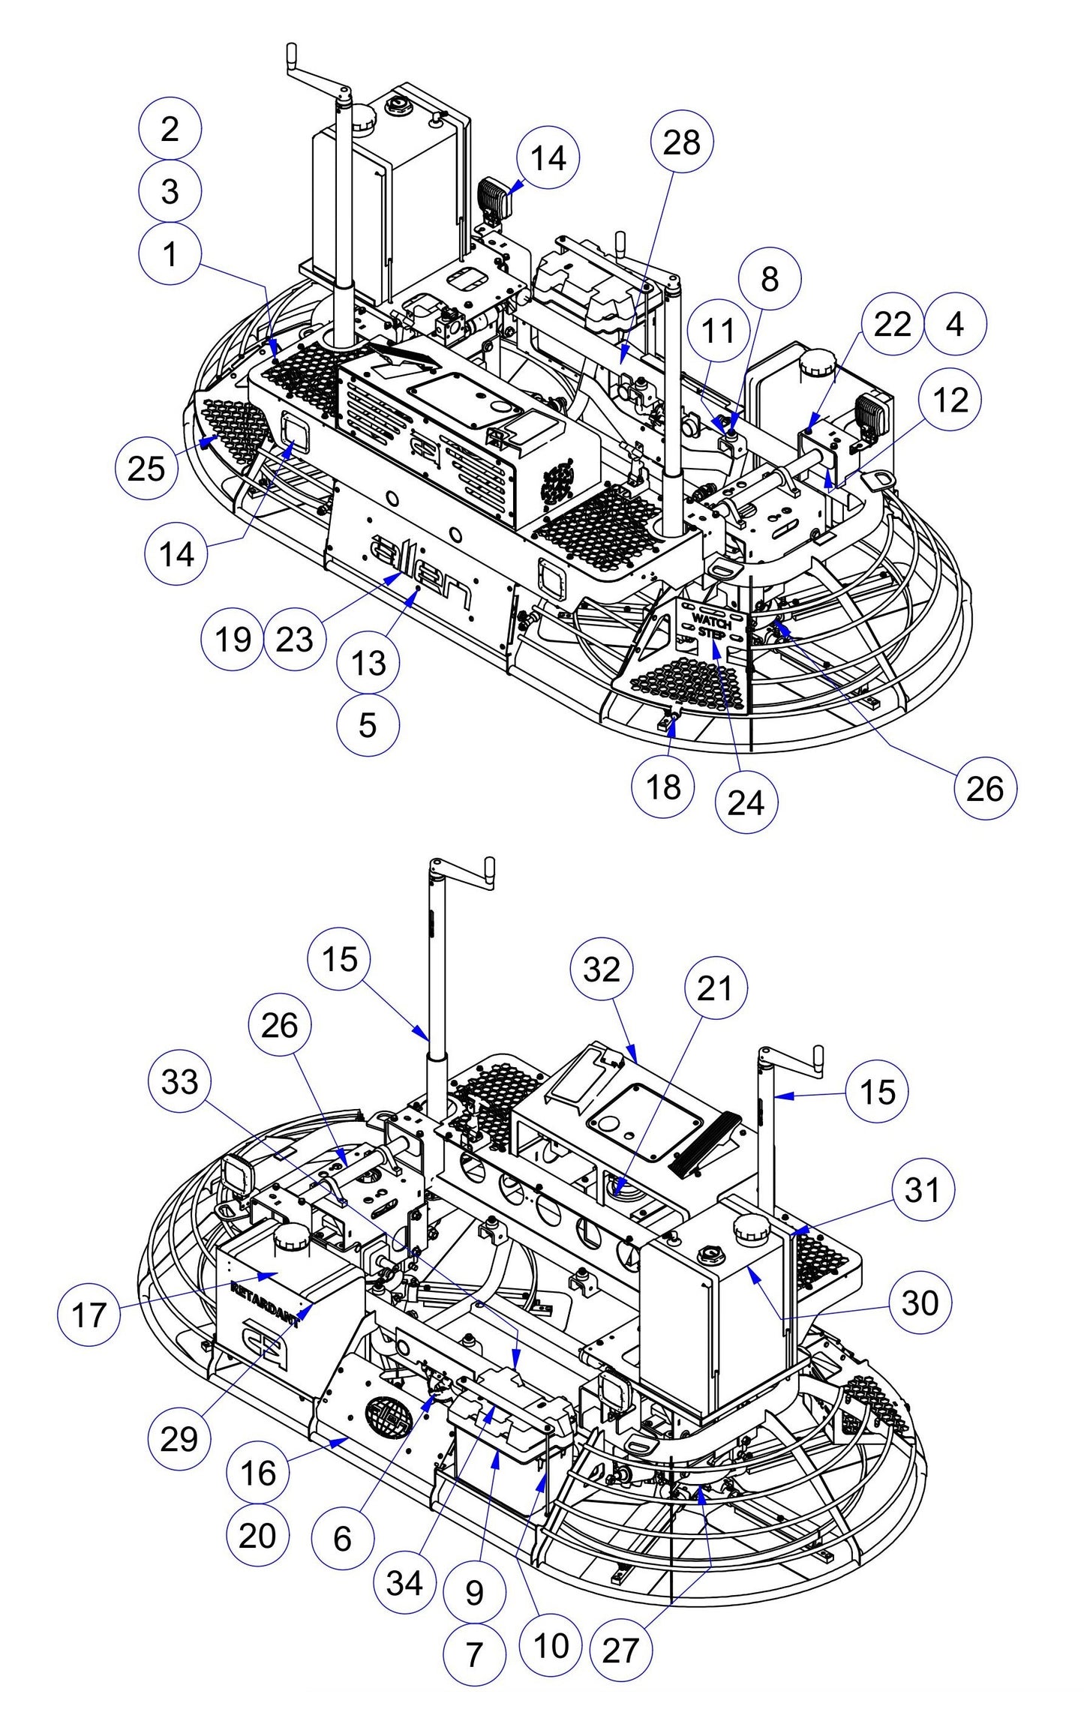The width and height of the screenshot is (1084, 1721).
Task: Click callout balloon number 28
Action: [681, 142]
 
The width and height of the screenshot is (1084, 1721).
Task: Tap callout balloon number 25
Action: [146, 469]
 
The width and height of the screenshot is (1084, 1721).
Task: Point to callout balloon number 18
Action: [663, 787]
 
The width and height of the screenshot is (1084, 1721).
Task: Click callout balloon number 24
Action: [746, 802]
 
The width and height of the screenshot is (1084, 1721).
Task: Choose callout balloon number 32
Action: [602, 970]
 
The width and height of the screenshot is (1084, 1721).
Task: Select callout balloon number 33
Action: [180, 1082]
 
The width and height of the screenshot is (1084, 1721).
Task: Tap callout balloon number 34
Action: [405, 1583]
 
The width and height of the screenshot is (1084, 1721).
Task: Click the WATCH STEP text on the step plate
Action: [710, 625]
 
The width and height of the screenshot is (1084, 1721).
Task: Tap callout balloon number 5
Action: [368, 724]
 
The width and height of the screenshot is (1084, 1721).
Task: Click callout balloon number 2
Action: [170, 128]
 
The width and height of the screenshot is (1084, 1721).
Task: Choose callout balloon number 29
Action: [179, 1438]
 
